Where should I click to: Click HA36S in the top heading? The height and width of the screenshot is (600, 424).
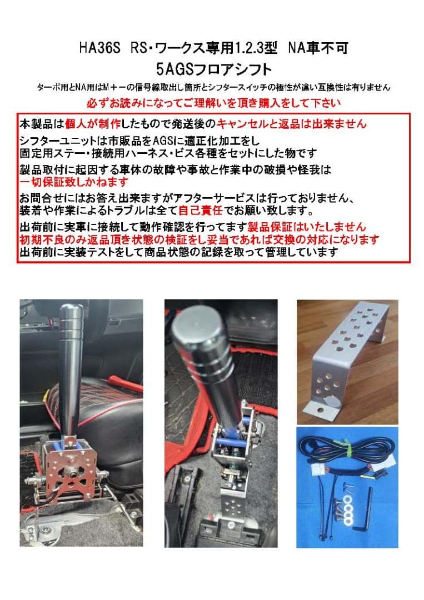tap(97, 49)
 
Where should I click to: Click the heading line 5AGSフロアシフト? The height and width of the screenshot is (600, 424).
tap(214, 69)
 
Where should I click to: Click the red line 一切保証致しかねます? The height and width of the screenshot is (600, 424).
tap(74, 182)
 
